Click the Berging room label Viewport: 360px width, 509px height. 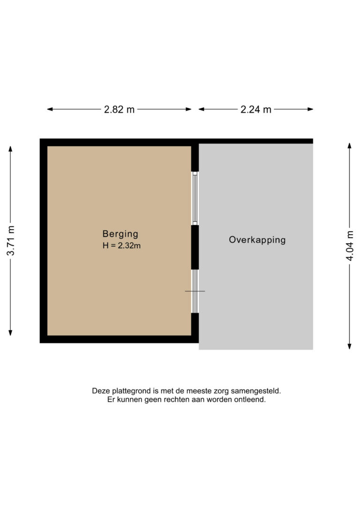pos(120,234)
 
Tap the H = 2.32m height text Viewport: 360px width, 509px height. pos(121,246)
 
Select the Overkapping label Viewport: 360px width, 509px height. pos(257,240)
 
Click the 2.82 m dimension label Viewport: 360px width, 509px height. pos(119,109)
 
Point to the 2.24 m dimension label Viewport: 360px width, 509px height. pos(256,109)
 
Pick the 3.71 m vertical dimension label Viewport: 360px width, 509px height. pos(11,240)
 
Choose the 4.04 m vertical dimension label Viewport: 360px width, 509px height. pos(350,246)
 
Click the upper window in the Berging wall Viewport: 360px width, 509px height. pos(195,198)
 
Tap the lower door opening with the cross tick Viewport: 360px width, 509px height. pos(195,291)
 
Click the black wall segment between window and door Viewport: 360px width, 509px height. pos(195,247)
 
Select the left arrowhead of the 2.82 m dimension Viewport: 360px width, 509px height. pos(50,109)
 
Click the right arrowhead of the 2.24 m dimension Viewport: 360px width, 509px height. pos(310,109)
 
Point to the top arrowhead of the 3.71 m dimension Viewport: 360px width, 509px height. pos(10,149)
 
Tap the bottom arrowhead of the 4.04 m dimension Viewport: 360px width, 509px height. pos(350,346)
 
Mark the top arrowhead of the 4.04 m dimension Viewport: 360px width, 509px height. pos(350,146)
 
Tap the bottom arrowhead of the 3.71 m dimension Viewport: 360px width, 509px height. pos(10,332)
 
